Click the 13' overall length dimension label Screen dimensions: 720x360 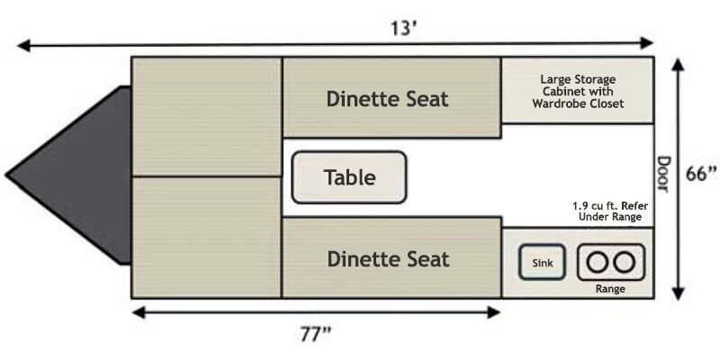(403, 29)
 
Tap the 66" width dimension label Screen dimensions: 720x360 (701, 174)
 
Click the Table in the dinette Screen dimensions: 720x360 (349, 177)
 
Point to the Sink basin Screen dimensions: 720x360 (542, 262)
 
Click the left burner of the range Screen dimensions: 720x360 (597, 262)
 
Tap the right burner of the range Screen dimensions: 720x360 (625, 262)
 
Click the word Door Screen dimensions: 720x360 (663, 174)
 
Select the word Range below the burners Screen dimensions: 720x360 (610, 289)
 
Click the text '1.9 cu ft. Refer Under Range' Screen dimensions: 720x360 (610, 211)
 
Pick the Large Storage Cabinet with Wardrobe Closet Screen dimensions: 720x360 (578, 91)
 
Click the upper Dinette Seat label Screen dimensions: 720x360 (388, 99)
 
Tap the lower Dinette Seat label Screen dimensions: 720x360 (388, 259)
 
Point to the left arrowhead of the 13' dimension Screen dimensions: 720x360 (23, 46)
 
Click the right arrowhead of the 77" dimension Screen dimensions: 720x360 (494, 312)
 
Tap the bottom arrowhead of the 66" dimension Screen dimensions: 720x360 (679, 293)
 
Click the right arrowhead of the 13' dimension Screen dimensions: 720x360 (647, 43)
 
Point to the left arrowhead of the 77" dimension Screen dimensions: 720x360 (139, 312)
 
